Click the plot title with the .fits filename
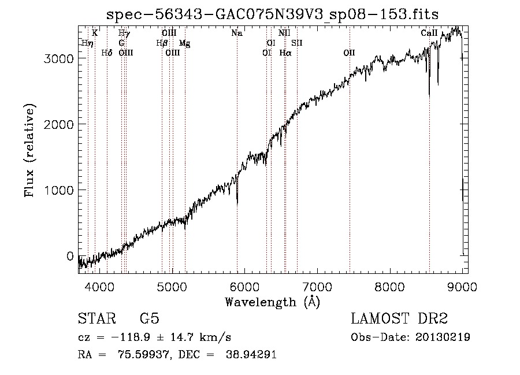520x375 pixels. click(272, 14)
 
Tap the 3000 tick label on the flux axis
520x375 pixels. click(58, 59)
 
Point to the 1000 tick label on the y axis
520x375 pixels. click(58, 190)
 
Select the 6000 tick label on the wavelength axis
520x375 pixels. click(245, 287)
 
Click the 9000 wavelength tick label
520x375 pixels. click(462, 287)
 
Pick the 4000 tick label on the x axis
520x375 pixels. click(99, 287)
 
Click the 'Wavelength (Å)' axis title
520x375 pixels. click(272, 302)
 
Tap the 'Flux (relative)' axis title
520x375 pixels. click(29, 150)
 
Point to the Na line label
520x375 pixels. click(237, 33)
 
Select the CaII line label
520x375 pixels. click(429, 33)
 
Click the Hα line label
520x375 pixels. click(285, 53)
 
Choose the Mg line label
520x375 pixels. click(184, 43)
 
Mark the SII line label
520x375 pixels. click(297, 43)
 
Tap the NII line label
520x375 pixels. click(284, 33)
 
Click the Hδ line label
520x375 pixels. click(107, 53)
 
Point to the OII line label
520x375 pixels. click(349, 53)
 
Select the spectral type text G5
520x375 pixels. click(150, 318)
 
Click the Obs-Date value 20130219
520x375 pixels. click(443, 337)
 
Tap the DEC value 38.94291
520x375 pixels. click(251, 354)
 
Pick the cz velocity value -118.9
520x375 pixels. click(131, 337)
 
